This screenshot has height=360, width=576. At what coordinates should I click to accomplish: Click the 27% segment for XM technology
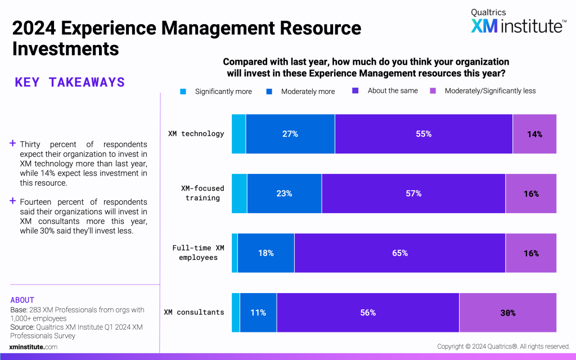tap(290, 134)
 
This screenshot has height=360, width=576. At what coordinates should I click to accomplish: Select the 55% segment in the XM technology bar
tap(424, 134)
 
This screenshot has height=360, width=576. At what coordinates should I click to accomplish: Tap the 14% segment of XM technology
tap(534, 134)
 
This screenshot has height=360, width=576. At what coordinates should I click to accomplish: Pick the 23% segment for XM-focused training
tap(284, 193)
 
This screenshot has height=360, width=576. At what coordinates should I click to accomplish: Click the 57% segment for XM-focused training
tap(413, 193)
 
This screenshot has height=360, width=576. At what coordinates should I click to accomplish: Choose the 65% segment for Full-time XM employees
tap(400, 253)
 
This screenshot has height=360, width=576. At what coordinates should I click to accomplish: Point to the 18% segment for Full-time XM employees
tap(265, 253)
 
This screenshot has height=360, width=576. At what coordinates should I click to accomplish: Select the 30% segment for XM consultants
tap(508, 313)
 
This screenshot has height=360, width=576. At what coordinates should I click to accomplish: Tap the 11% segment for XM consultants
tap(258, 313)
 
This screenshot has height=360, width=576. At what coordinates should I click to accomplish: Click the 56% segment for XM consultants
tap(368, 313)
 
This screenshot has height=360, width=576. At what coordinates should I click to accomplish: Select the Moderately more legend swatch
tap(269, 91)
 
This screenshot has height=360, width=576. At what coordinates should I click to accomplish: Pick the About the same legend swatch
tap(355, 91)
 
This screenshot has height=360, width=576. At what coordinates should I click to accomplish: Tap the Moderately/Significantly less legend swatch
tap(433, 91)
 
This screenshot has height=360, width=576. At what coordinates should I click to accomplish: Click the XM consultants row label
tap(194, 312)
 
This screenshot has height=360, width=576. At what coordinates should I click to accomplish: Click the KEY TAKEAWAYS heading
tap(70, 83)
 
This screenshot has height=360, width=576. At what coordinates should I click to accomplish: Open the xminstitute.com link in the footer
tap(33, 347)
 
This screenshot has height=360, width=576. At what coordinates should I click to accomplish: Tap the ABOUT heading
tap(22, 300)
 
